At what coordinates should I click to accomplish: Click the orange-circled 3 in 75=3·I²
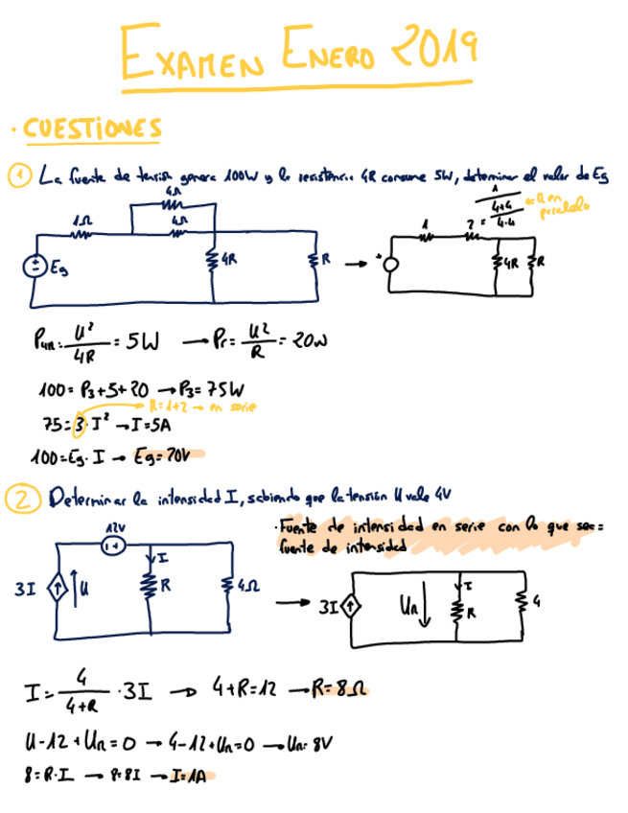pyautogui.click(x=81, y=423)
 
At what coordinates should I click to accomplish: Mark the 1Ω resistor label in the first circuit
pyautogui.click(x=81, y=221)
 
